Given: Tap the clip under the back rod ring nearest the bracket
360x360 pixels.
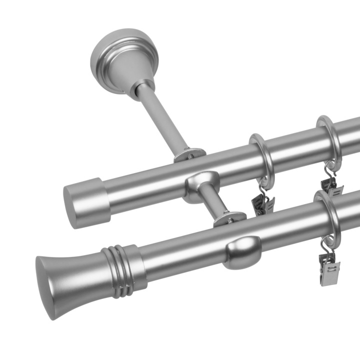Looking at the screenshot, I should tap(262, 204).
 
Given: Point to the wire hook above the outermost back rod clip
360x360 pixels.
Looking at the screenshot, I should tap(330, 170).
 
